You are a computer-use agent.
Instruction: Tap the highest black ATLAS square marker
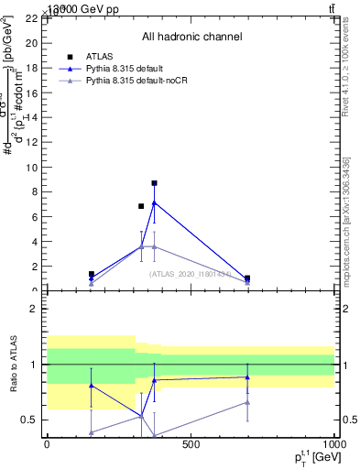tap(155, 183)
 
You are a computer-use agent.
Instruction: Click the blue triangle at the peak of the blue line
tap(155, 202)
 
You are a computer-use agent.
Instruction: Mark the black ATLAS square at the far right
tap(247, 278)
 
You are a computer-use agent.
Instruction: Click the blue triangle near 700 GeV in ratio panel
tap(247, 376)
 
